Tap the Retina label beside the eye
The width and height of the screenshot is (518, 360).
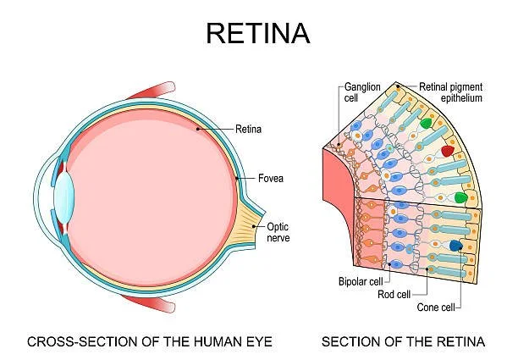(x=249, y=130)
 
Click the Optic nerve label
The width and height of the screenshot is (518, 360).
(x=278, y=233)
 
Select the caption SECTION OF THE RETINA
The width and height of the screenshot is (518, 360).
(x=403, y=342)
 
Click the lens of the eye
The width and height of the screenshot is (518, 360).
(x=64, y=197)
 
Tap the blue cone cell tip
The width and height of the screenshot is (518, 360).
(x=456, y=246)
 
